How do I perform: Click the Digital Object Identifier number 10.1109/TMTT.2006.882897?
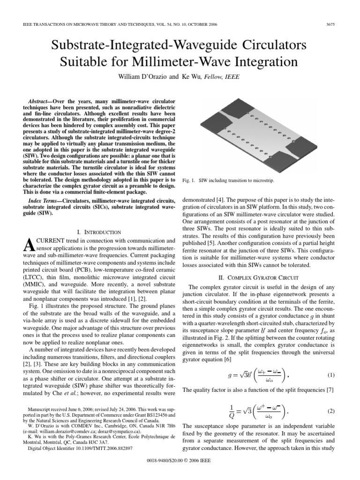tap(104, 448)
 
